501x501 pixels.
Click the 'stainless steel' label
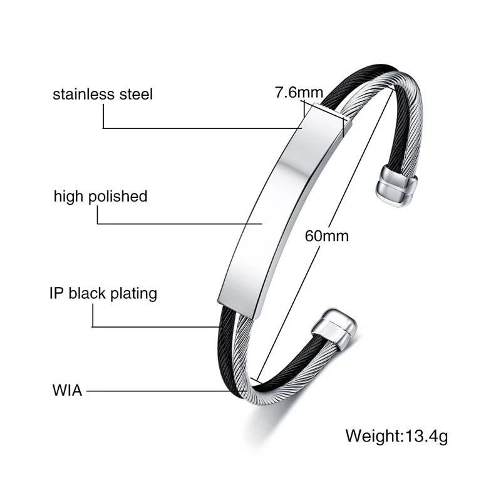[103, 95]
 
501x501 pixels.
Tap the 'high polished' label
[100, 196]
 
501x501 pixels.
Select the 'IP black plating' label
[103, 293]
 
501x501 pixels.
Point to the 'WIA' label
[67, 391]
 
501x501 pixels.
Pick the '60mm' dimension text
[326, 236]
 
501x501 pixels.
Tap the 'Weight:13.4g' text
[397, 435]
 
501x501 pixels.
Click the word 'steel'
[137, 95]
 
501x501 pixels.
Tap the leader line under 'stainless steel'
[200, 128]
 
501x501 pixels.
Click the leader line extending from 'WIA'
[157, 391]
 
